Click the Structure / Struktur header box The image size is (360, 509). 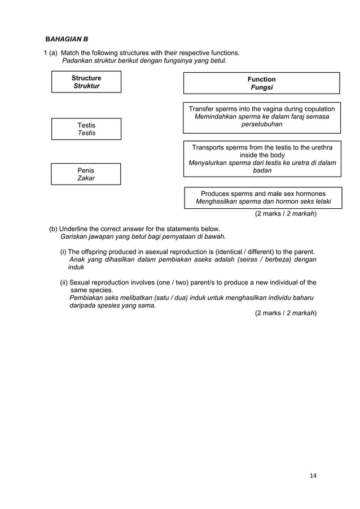[86, 82]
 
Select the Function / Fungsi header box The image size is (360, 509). [262, 83]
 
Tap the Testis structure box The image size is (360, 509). [86, 129]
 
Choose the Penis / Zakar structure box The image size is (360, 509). [86, 174]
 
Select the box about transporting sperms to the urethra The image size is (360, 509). [262, 159]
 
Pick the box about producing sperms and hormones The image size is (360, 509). [263, 198]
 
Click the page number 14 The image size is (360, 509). [313, 476]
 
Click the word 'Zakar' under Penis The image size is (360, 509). [86, 178]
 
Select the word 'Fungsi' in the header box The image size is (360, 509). [262, 88]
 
